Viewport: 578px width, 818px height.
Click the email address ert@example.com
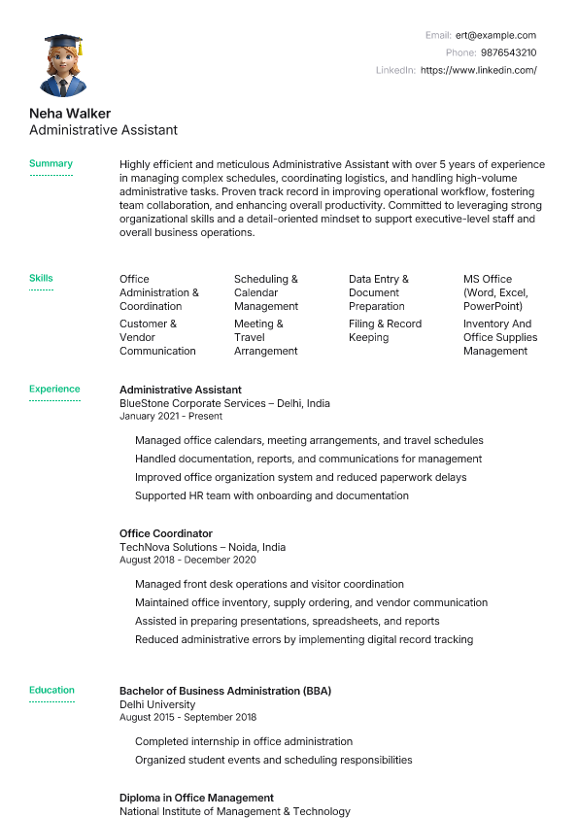tap(495, 35)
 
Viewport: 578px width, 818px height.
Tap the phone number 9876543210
tap(509, 52)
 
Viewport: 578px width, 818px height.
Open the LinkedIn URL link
tap(478, 70)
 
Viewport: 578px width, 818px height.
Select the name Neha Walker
tap(70, 113)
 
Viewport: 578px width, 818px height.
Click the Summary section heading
tap(51, 164)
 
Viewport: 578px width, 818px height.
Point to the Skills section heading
tap(41, 279)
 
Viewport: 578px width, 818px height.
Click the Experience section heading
tap(54, 390)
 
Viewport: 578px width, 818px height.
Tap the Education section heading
tap(51, 691)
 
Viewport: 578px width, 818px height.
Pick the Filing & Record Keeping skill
tap(385, 330)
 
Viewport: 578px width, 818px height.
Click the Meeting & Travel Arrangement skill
tap(265, 337)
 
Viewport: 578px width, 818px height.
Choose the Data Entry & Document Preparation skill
tap(379, 292)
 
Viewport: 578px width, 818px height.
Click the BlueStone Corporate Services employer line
tap(224, 403)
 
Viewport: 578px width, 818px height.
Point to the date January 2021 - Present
tap(170, 416)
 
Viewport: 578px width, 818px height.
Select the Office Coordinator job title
tap(165, 533)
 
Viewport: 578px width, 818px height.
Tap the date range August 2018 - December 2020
tap(187, 560)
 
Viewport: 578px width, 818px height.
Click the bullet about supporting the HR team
tap(272, 495)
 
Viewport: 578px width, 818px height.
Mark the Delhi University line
tap(157, 704)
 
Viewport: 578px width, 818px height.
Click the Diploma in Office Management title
tap(196, 798)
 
